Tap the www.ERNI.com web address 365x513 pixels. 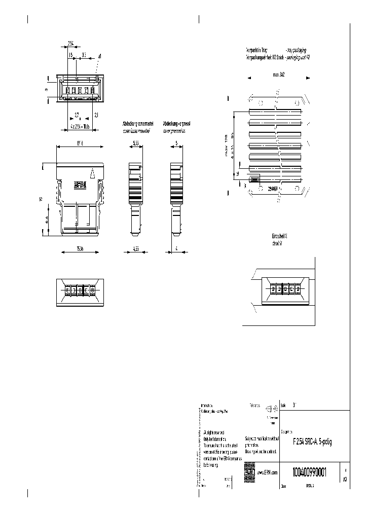[x=267, y=472]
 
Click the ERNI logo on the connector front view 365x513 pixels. [x=81, y=186]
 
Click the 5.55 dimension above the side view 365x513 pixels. [x=135, y=143]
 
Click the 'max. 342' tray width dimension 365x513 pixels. [x=278, y=75]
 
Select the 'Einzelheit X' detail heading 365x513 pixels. [x=279, y=237]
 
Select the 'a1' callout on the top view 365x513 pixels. [x=100, y=56]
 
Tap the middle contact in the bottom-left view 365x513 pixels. [x=80, y=290]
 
